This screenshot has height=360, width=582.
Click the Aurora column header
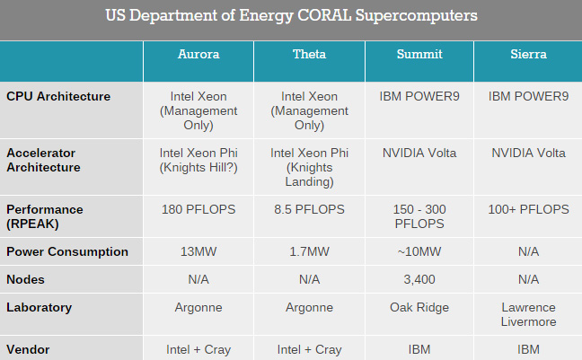click(198, 54)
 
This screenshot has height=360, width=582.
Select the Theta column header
click(309, 54)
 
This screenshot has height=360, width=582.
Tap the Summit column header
click(419, 54)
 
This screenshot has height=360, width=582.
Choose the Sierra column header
click(528, 54)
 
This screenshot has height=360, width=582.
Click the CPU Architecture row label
click(58, 96)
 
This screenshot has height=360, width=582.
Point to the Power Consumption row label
click(67, 251)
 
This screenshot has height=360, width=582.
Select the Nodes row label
click(25, 279)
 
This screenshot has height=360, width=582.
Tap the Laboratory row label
click(39, 308)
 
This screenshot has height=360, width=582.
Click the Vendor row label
click(28, 349)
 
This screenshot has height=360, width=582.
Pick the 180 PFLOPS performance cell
click(198, 209)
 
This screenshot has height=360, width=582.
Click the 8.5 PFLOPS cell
click(309, 209)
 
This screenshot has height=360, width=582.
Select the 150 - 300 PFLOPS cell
click(419, 216)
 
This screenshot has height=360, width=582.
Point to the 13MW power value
click(198, 251)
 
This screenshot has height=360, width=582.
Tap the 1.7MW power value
click(309, 251)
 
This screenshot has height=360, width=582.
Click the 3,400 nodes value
click(419, 279)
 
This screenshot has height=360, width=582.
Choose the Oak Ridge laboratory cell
click(419, 308)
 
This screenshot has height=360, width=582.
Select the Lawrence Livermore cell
click(528, 314)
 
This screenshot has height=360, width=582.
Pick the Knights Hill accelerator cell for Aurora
click(198, 160)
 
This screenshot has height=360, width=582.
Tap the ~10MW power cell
click(419, 251)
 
